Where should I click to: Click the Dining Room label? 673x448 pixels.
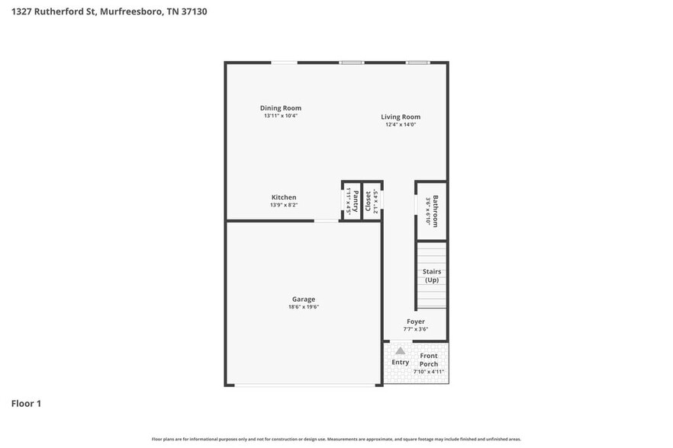(280, 108)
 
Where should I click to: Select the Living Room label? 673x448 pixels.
(401, 117)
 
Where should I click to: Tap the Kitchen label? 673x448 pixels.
(283, 197)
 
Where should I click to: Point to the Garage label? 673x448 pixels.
(303, 299)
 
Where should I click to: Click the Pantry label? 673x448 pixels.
(356, 201)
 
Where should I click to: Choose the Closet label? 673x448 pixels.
(368, 201)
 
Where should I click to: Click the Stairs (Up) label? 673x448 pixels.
(432, 276)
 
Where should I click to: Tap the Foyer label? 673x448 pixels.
(415, 322)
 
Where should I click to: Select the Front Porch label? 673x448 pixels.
(429, 360)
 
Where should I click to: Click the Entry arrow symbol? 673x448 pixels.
(400, 350)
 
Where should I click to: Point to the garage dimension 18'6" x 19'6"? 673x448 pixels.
(303, 307)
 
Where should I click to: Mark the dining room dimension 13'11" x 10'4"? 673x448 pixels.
(280, 116)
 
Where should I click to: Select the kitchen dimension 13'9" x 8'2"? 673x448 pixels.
(283, 205)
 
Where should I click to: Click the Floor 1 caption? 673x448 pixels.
(26, 403)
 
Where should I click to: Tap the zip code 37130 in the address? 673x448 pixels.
(192, 11)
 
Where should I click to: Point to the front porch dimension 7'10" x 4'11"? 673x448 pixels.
(429, 372)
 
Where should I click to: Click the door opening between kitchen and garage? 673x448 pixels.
(327, 221)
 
